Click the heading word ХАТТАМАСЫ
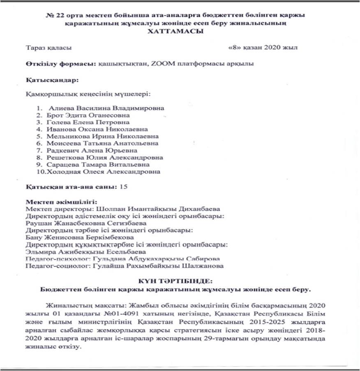178,31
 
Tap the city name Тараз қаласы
48,48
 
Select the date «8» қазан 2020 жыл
263,48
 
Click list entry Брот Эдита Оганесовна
89,115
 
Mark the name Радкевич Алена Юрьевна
95,150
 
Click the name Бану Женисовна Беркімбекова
80,237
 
